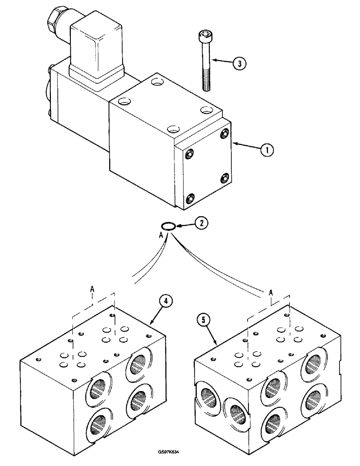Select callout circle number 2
(x=201, y=223)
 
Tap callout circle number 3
(x=239, y=64)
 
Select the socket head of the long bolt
(x=204, y=36)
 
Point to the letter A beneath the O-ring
(x=161, y=236)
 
